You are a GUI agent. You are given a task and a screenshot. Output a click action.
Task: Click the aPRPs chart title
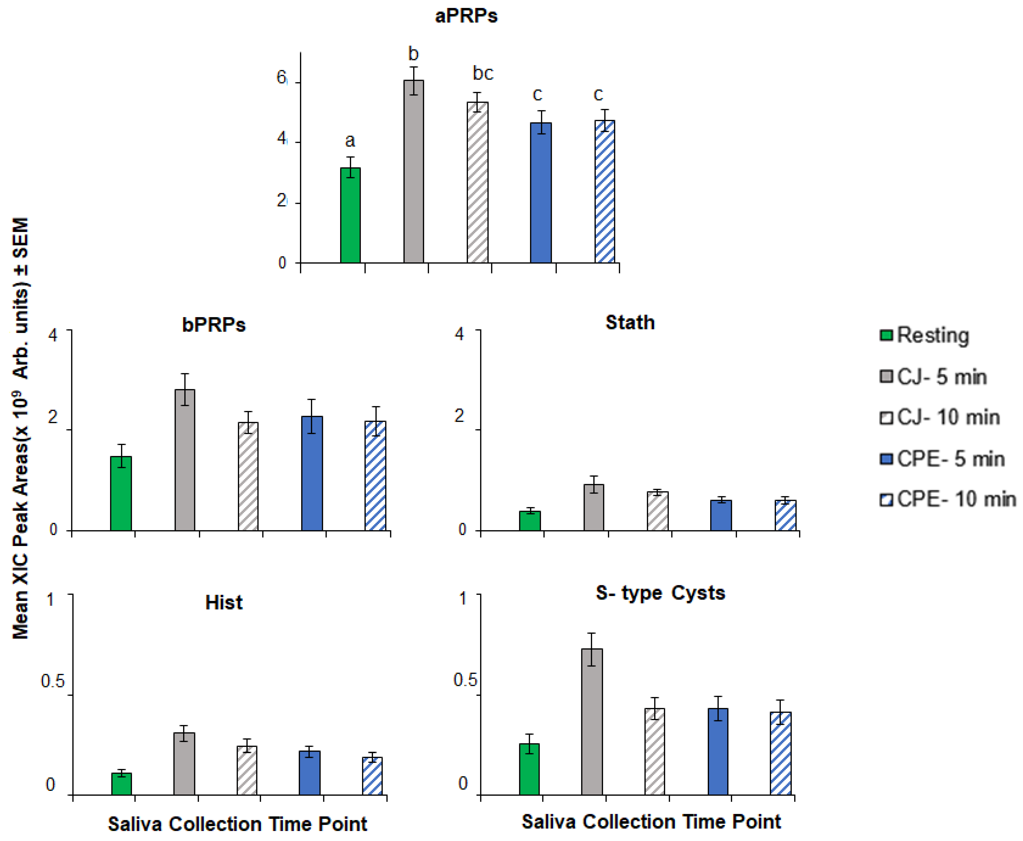click(466, 16)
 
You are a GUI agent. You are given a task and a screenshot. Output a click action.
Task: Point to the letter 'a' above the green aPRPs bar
click(349, 140)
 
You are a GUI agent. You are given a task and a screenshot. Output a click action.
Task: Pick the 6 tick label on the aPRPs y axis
click(281, 78)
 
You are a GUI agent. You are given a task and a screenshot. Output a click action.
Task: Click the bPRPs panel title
click(214, 325)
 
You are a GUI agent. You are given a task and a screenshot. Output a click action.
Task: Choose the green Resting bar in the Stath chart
click(530, 521)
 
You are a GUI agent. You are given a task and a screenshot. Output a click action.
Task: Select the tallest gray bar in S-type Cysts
click(592, 722)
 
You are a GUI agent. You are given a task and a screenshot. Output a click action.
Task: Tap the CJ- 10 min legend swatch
click(886, 418)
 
